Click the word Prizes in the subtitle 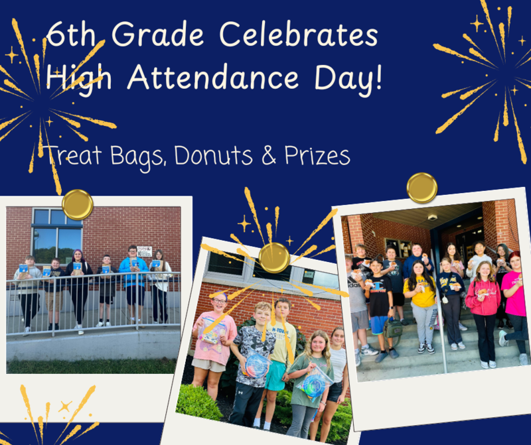point(315,156)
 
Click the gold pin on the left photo point(78,204)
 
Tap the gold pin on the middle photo point(273,257)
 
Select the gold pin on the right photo point(422,188)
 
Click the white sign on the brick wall point(145,252)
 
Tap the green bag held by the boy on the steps point(394,328)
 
